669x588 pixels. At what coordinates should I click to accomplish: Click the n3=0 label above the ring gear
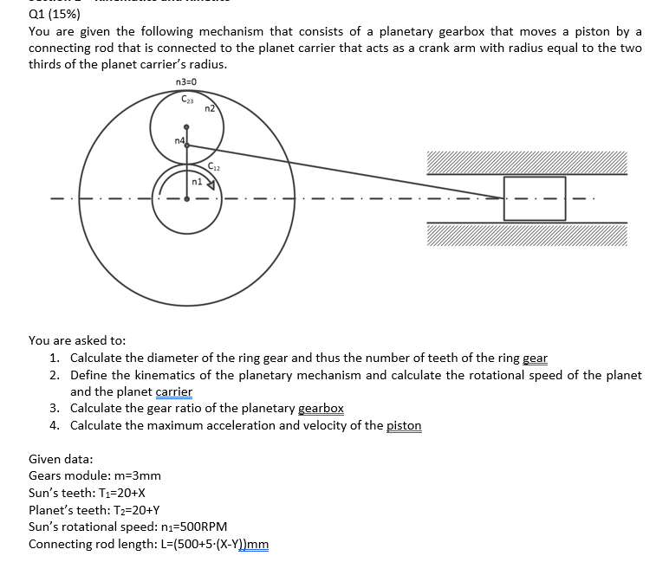coord(186,82)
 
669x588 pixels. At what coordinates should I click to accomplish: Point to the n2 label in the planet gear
coord(210,109)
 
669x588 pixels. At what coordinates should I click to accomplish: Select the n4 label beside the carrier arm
coord(179,140)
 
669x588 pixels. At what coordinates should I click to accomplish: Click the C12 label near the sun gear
coord(215,165)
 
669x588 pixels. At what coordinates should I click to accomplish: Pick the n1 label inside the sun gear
coord(196,184)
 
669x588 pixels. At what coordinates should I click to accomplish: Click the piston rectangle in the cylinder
coord(535,197)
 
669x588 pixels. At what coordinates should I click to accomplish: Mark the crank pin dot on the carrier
coord(187,145)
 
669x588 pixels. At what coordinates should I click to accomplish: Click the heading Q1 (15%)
coord(55,14)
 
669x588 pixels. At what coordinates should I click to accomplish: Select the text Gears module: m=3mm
coord(94,475)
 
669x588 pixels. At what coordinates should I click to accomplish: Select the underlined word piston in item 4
coord(403,425)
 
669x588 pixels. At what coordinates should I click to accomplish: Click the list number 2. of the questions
coord(55,375)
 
